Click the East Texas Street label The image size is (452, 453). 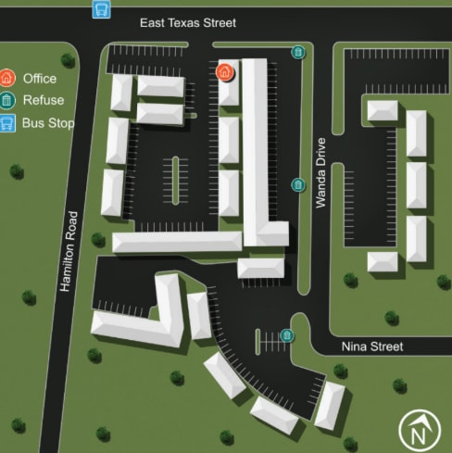coord(188,22)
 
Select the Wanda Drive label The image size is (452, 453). coord(320,172)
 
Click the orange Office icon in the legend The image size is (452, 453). coord(8,79)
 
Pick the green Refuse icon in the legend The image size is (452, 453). coord(8,101)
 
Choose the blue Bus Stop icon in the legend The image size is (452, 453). coord(8,122)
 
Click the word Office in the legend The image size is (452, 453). coord(40,79)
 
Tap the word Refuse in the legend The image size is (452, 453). coord(43,101)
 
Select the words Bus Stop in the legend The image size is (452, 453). coord(49,122)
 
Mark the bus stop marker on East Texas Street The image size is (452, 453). coord(101,9)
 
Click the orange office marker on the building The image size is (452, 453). coord(223,71)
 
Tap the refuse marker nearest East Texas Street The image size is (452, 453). coord(298,52)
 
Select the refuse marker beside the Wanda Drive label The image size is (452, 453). coord(298,184)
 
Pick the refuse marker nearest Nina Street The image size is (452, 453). coord(287,334)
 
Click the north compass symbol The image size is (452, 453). coord(419,431)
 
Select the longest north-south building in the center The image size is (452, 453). coord(256,148)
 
